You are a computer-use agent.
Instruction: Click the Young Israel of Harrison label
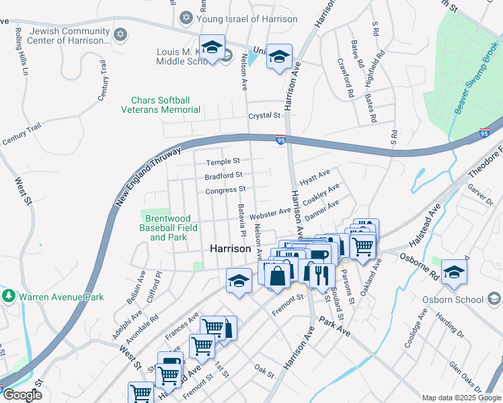coord(247,19)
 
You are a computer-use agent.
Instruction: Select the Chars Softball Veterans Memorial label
coord(161,105)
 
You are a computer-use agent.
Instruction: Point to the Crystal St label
coord(264,116)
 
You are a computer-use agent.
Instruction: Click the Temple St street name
coord(223,162)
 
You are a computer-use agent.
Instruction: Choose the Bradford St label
coord(223,176)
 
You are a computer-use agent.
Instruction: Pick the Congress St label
coord(225,191)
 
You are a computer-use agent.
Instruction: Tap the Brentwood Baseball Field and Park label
coord(165,228)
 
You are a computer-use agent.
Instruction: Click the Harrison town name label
coord(231,248)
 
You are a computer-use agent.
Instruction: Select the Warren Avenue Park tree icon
coord(9,296)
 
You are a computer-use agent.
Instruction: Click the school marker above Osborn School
coord(455,272)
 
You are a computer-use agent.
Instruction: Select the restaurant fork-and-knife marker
coord(321,274)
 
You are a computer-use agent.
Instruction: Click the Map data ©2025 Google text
coord(461,398)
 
